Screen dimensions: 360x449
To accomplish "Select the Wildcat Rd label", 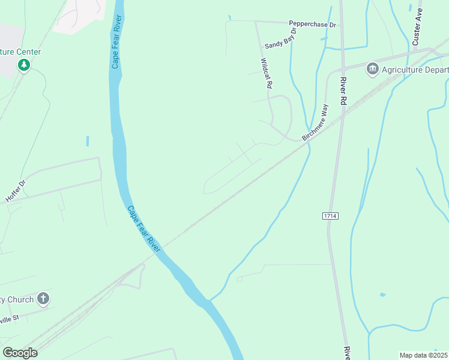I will (267, 73).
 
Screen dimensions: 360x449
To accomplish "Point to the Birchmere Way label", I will (316, 122).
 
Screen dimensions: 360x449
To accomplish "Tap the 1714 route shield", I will (330, 215).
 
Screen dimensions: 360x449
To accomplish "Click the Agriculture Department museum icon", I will (372, 70).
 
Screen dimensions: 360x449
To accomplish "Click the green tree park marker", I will (23, 65).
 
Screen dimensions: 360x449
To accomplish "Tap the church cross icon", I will (43, 298).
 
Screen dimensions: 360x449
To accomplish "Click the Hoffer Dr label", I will (16, 190).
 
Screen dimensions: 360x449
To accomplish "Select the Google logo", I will (20, 353).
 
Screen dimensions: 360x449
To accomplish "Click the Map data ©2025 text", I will (423, 355).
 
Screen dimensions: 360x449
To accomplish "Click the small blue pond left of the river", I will (88, 141).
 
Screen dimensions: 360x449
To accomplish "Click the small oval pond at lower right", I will (382, 295).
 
